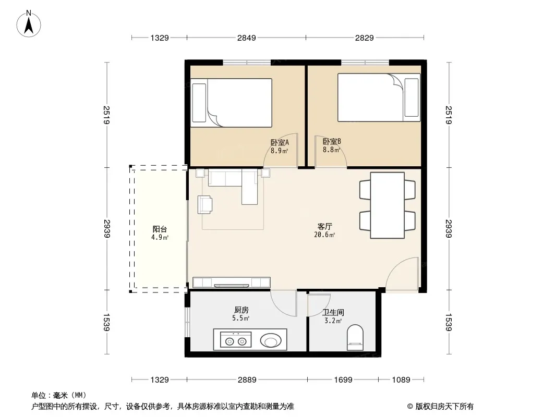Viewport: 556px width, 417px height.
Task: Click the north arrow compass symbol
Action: tap(29, 24)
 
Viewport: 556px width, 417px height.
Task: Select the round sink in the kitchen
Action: tap(271, 341)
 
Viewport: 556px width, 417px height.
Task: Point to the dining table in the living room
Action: tap(387, 205)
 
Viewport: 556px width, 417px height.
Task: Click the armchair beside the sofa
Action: tap(205, 205)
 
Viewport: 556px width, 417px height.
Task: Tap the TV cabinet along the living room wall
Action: tap(231, 283)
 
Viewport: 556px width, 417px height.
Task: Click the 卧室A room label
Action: tap(280, 142)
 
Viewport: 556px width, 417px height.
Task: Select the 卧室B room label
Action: tap(332, 141)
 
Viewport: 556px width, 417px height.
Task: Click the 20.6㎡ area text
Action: tap(324, 235)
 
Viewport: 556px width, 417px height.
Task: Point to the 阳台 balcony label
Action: tap(160, 229)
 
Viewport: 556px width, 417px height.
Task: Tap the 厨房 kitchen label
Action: tap(241, 310)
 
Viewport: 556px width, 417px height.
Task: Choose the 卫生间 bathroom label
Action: tap(333, 312)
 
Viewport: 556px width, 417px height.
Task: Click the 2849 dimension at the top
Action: tap(246, 38)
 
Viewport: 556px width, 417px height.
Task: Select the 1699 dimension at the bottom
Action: tap(343, 380)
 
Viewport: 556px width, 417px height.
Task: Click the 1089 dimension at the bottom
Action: tap(401, 380)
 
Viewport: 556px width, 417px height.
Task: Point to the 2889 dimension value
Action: tap(247, 380)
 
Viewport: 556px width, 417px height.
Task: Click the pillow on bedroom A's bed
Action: tap(199, 103)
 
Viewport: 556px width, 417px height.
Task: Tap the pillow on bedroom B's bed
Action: tap(412, 97)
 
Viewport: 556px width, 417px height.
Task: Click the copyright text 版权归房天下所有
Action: tap(444, 407)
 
